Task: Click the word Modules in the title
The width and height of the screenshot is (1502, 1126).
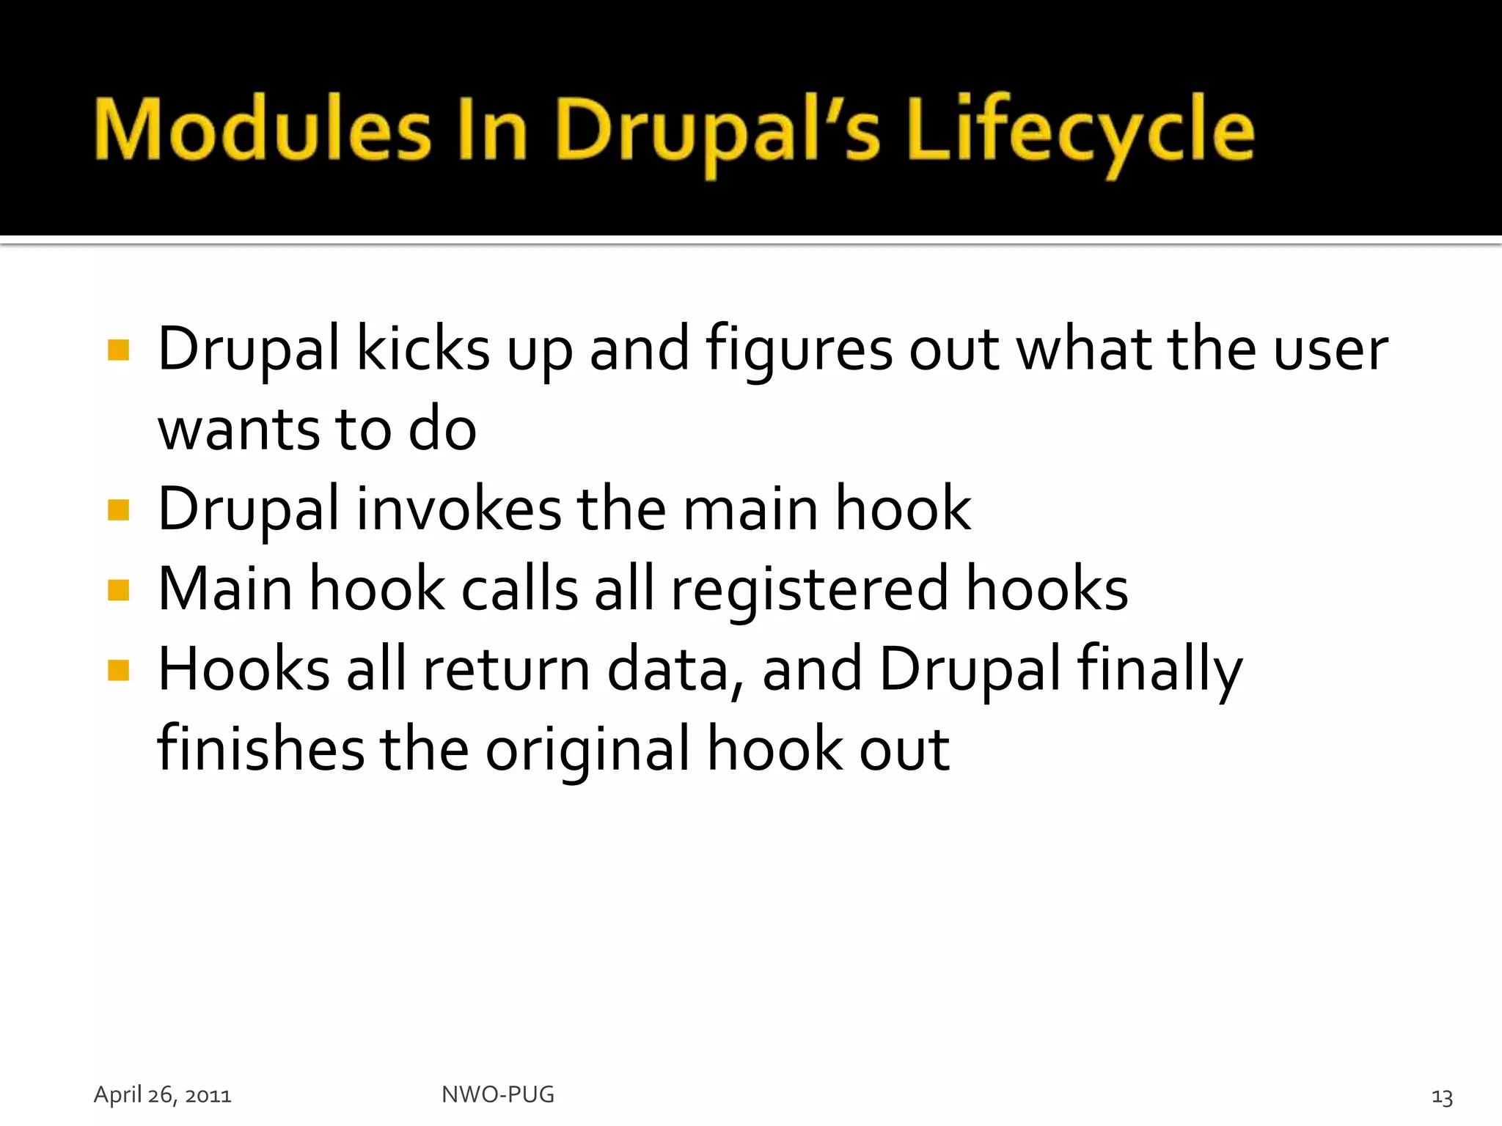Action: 263,130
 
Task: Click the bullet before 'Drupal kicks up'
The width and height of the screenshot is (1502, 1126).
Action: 118,350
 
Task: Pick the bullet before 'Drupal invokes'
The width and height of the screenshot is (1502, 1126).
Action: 118,509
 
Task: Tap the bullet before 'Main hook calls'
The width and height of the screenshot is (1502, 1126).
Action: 118,590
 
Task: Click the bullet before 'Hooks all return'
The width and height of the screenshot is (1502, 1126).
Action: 118,670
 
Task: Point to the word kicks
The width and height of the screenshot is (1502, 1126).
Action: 422,349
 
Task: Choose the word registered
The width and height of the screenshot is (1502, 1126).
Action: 810,590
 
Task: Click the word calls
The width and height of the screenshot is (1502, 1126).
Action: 519,589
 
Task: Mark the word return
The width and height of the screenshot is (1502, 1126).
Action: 507,670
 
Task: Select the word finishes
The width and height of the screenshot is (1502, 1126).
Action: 260,749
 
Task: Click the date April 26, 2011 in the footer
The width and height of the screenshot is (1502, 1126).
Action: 163,1095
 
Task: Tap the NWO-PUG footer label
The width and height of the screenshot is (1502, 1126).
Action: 498,1094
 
